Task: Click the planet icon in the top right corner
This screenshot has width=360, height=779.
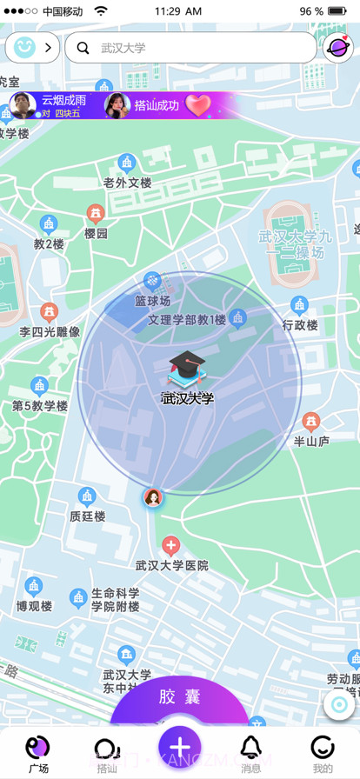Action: tap(337, 48)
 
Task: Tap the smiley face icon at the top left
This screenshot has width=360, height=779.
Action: tap(24, 48)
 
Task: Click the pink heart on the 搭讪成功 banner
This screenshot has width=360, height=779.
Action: tap(198, 105)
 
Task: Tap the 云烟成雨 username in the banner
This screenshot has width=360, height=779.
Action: tap(64, 100)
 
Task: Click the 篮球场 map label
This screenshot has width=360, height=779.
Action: tap(152, 301)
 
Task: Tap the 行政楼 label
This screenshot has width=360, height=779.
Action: tap(300, 325)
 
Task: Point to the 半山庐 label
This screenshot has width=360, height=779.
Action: tap(310, 441)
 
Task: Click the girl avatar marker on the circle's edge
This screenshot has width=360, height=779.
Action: tap(153, 497)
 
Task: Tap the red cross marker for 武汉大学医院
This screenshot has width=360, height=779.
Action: tap(171, 546)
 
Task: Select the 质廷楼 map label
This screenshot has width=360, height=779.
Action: tap(87, 516)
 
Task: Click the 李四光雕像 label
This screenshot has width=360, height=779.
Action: tap(50, 331)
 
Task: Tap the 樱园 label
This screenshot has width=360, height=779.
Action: tap(96, 233)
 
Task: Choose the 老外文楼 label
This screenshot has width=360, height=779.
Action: tap(128, 183)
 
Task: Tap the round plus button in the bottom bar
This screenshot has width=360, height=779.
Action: tap(179, 747)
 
